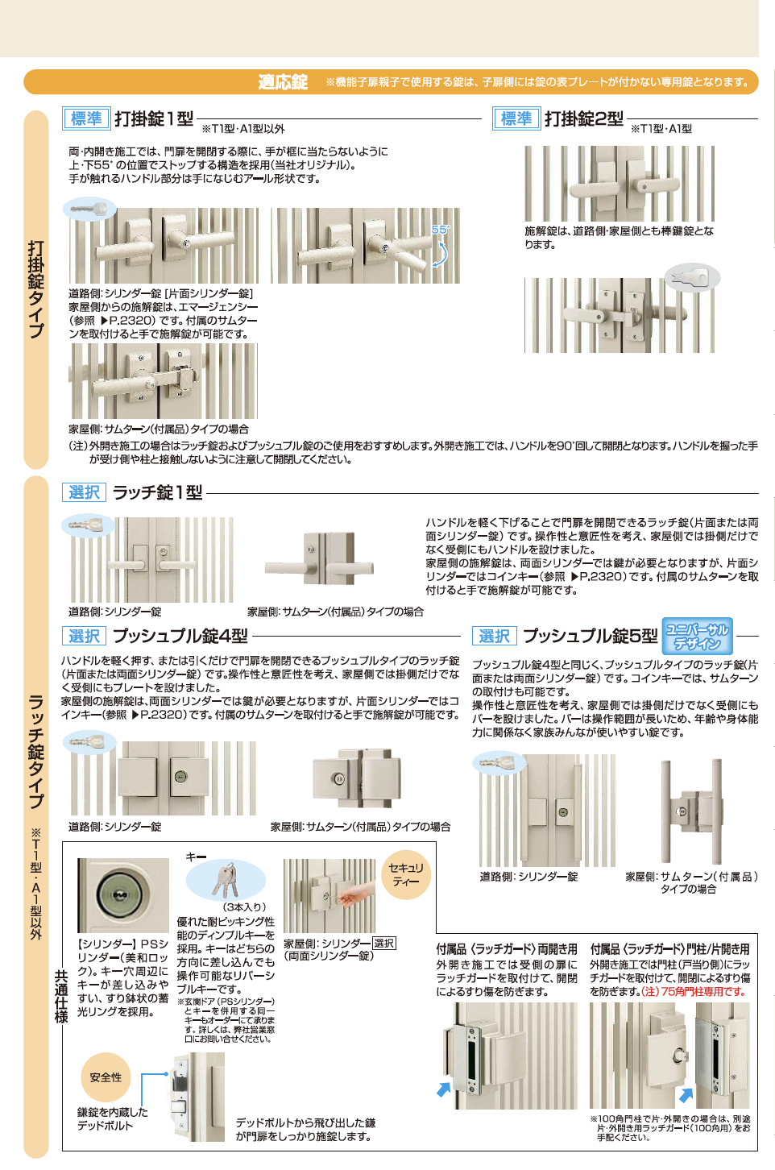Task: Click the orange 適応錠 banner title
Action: click(283, 82)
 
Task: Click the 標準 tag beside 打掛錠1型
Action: click(86, 118)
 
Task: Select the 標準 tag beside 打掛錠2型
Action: click(516, 118)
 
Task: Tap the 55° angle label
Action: click(440, 230)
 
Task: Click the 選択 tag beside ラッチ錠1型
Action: click(84, 492)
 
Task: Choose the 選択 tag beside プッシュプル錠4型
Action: click(84, 636)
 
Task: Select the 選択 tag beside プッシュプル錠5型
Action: click(494, 636)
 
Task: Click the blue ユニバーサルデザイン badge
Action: click(697, 636)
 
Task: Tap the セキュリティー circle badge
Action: click(405, 874)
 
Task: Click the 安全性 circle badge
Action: click(106, 1077)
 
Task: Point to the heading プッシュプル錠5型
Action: click(590, 636)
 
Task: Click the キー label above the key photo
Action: click(196, 857)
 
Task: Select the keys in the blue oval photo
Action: click(226, 880)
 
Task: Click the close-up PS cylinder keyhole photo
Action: click(122, 894)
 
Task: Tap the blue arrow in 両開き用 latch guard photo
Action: click(443, 1089)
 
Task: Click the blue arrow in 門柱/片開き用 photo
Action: click(686, 1095)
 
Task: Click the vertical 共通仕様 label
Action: click(61, 996)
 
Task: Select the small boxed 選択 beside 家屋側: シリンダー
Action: click(384, 943)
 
